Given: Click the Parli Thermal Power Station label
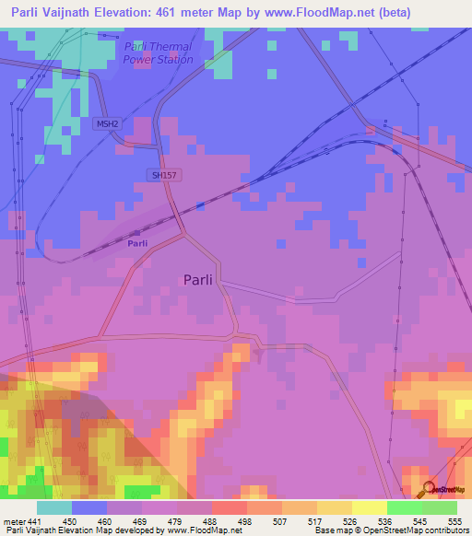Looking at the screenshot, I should pos(158,53).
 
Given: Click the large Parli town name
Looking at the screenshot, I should pos(203,281).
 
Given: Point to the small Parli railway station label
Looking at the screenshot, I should pos(137,243).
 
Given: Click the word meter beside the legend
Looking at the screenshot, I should pos(14,520).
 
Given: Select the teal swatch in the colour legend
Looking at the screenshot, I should pos(54,507).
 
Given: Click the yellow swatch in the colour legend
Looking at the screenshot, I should pos(370,507).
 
